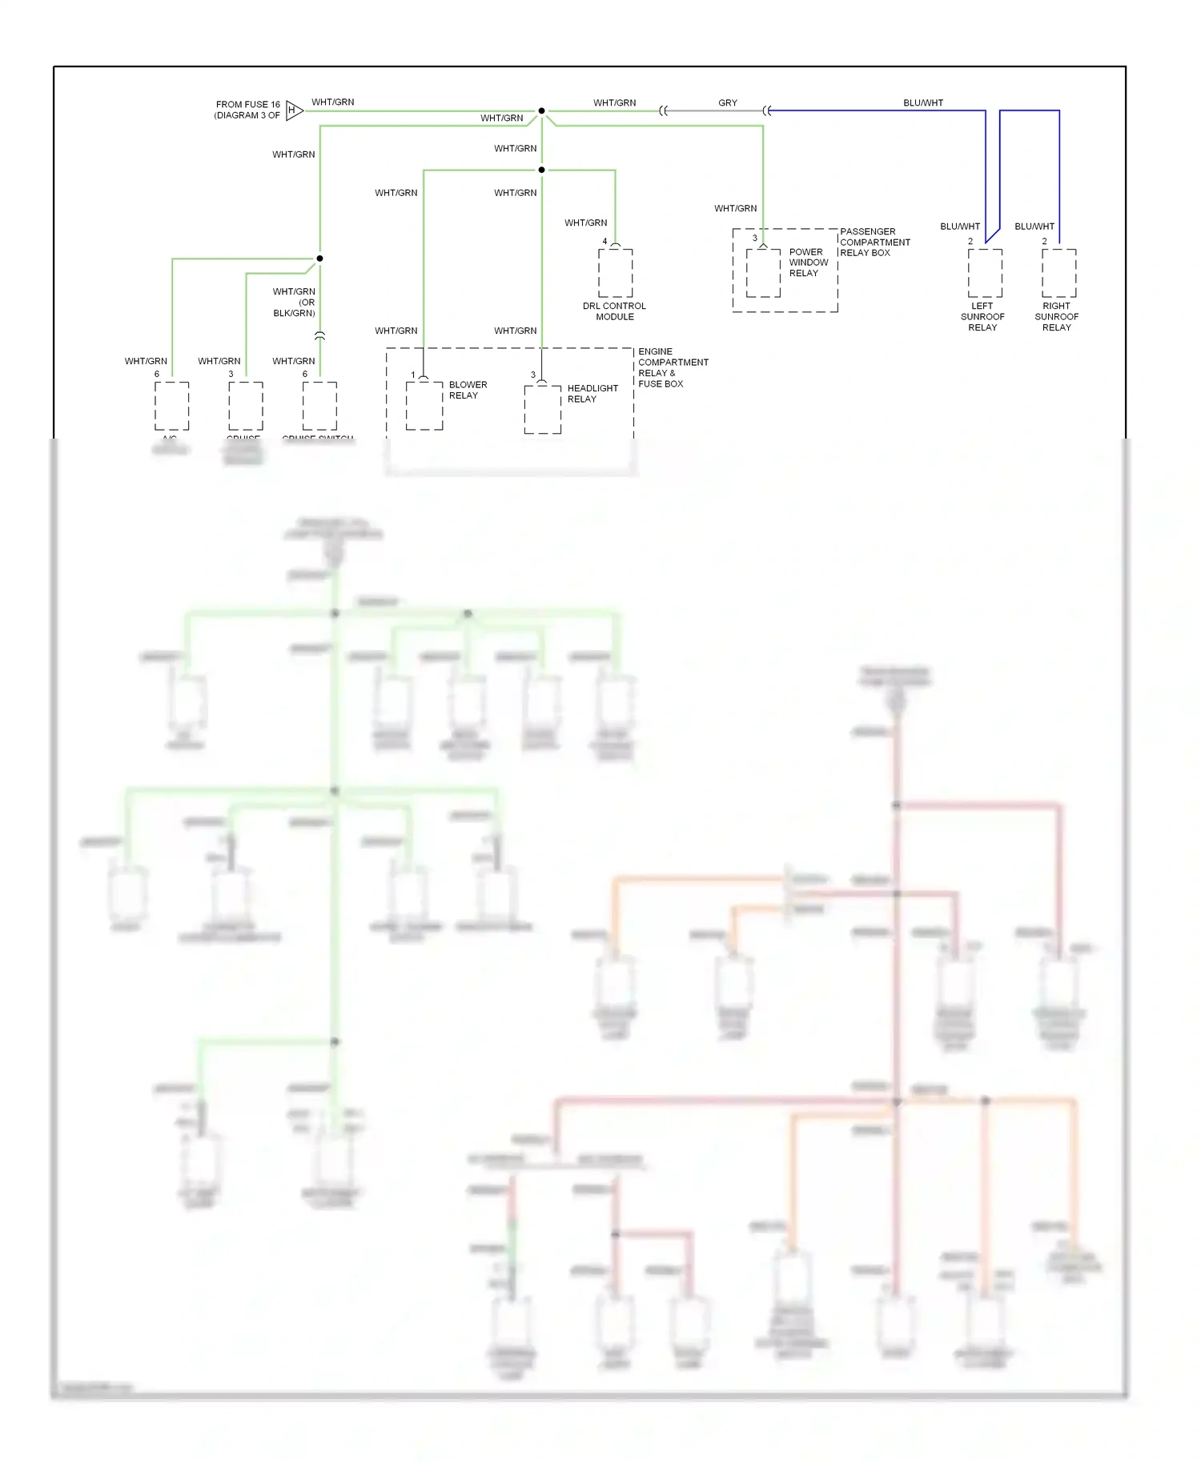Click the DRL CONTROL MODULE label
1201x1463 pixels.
(x=614, y=311)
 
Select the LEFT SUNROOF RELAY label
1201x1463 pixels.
(x=982, y=317)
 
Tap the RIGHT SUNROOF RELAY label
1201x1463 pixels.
(x=1056, y=317)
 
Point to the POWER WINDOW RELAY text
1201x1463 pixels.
(x=808, y=263)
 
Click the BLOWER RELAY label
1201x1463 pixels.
(x=468, y=390)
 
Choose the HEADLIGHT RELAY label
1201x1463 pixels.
(x=592, y=394)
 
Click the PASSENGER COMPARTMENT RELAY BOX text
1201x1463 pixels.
(x=874, y=242)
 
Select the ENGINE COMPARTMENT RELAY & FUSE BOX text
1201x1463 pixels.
(x=673, y=367)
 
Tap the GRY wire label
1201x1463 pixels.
(x=727, y=102)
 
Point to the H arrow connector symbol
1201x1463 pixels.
(x=293, y=110)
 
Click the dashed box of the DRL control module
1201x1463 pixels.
(x=615, y=273)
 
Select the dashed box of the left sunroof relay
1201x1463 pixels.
(x=985, y=273)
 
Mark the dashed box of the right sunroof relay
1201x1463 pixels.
(x=1058, y=273)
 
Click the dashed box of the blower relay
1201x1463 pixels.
(x=424, y=405)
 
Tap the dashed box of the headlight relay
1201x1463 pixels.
(x=542, y=409)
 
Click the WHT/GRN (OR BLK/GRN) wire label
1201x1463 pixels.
(x=294, y=303)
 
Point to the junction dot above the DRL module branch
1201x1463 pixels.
(x=541, y=170)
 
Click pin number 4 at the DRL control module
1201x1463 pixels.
(x=605, y=241)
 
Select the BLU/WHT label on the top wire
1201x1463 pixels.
(x=922, y=102)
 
